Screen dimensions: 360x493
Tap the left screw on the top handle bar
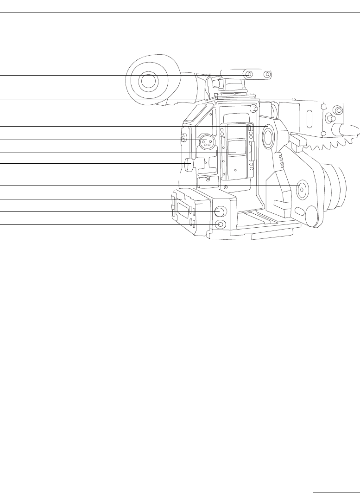(249, 74)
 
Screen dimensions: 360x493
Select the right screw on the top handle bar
(266, 74)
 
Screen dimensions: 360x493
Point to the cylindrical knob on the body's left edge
(188, 164)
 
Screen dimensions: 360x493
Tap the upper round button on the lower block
(220, 211)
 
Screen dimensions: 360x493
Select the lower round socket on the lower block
(221, 224)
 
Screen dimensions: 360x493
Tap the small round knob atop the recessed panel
(253, 109)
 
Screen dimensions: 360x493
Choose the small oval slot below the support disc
(300, 212)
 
